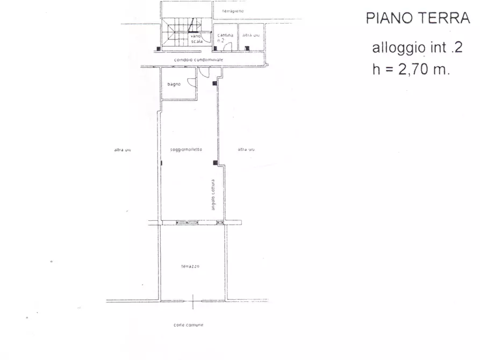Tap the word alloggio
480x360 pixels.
pyautogui.click(x=399, y=48)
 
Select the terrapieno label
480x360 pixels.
pyautogui.click(x=233, y=11)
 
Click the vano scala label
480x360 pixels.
pyautogui.click(x=197, y=38)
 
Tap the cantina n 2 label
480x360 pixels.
pyautogui.click(x=225, y=38)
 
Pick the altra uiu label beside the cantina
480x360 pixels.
pyautogui.click(x=250, y=35)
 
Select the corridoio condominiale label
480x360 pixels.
pyautogui.click(x=198, y=59)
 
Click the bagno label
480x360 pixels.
pyautogui.click(x=174, y=84)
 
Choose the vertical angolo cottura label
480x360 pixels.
pyautogui.click(x=213, y=194)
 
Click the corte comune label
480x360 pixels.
pyautogui.click(x=188, y=325)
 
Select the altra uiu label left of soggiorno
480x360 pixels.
pyautogui.click(x=123, y=150)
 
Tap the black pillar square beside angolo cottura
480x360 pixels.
pyautogui.click(x=214, y=162)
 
